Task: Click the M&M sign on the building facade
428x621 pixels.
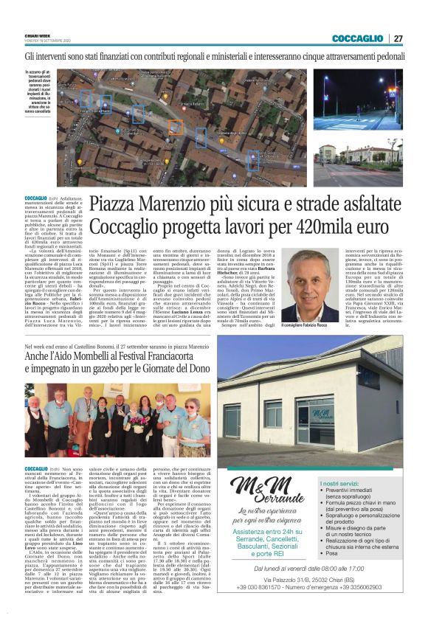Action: click(322, 414)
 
